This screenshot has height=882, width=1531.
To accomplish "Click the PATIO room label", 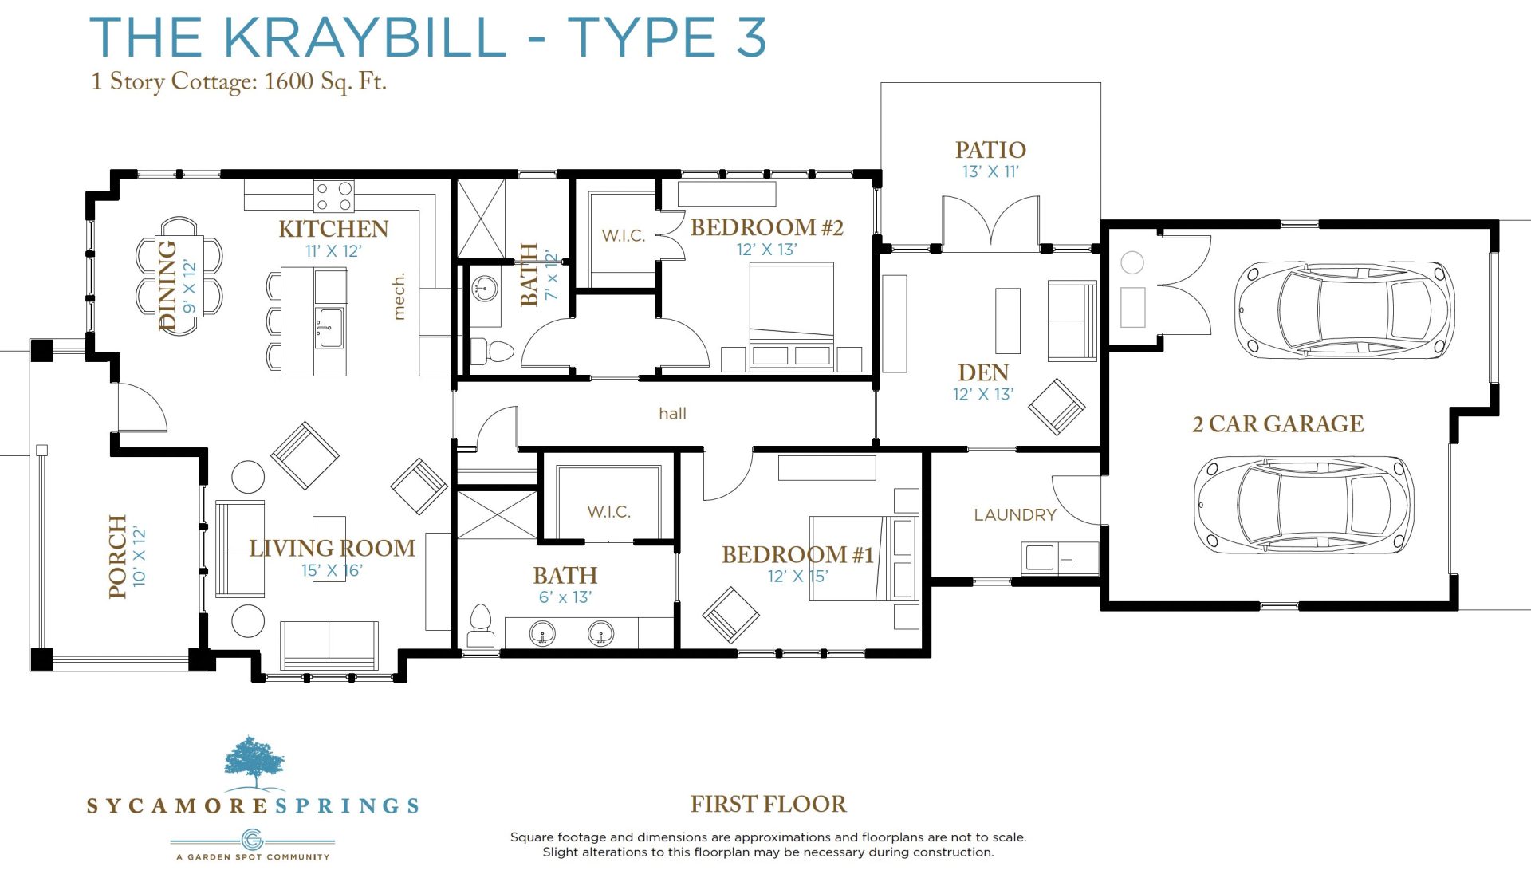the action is click(x=990, y=150).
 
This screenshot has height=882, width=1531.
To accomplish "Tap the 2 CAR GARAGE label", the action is click(x=1277, y=424).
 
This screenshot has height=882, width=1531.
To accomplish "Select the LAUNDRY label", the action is click(x=1015, y=515).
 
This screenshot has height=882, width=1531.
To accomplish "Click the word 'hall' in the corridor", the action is click(x=672, y=413).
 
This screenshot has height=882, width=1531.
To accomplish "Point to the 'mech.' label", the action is click(x=399, y=297).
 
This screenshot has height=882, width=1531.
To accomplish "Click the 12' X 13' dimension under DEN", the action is click(x=983, y=394).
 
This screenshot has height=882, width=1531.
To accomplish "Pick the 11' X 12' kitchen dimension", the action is click(x=333, y=251).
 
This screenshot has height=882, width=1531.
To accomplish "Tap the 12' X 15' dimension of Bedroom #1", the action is click(x=797, y=576).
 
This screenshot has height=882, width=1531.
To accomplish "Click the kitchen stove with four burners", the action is click(x=334, y=195).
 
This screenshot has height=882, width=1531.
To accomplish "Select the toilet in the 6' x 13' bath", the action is click(x=480, y=624).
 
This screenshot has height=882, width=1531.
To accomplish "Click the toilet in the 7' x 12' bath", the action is click(x=492, y=351).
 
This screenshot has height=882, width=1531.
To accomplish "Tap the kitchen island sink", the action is click(x=329, y=327).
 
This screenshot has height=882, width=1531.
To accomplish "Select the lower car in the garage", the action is click(x=1303, y=504).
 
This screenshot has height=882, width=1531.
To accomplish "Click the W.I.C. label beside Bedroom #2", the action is click(x=624, y=236).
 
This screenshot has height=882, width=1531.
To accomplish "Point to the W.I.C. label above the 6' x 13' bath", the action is click(x=608, y=512).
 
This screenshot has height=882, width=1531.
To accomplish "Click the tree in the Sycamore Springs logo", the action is click(x=254, y=762).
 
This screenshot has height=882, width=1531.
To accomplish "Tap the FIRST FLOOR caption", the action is click(x=769, y=804).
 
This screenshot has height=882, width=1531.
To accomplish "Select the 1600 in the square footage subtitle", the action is click(x=289, y=81).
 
